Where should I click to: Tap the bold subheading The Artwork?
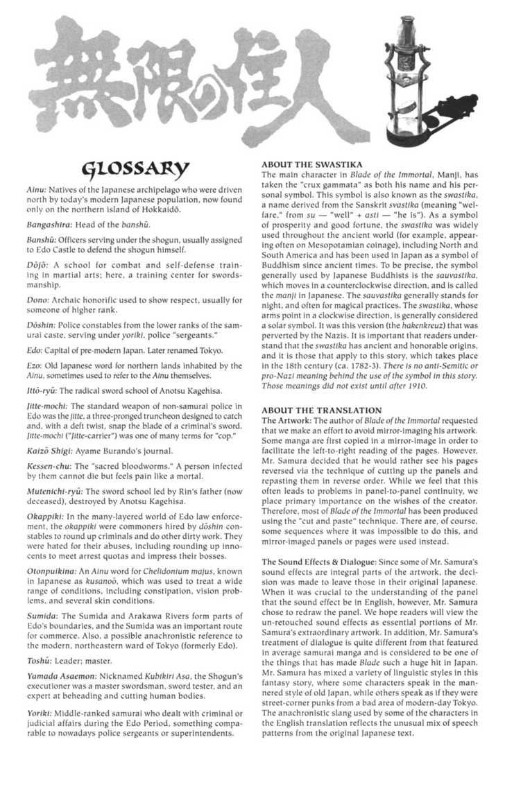click(x=286, y=421)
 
